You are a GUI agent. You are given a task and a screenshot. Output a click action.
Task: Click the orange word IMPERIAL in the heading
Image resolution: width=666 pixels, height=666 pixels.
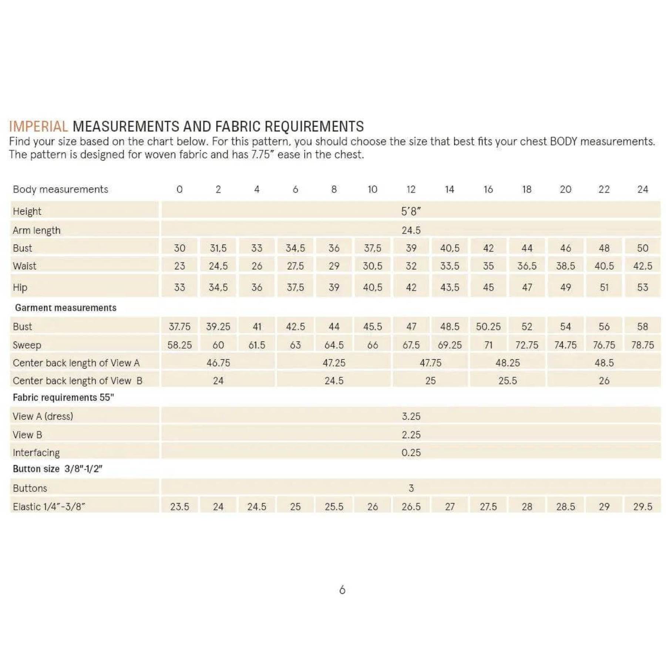(x=38, y=127)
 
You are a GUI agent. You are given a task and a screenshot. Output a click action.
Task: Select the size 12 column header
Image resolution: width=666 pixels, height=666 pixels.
(x=411, y=189)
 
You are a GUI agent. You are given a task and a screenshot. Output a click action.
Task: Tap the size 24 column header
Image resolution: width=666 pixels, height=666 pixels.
(x=642, y=189)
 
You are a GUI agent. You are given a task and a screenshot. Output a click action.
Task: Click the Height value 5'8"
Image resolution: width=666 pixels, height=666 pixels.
(x=411, y=211)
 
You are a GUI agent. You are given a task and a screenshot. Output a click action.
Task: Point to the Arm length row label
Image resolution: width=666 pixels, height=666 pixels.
(x=36, y=230)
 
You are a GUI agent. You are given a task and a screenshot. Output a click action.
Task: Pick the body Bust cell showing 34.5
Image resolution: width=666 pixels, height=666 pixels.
(x=295, y=248)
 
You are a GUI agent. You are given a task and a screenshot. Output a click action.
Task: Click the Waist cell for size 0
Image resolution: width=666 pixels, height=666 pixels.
(x=179, y=266)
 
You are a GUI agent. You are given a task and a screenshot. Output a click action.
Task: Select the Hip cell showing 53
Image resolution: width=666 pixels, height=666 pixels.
(x=642, y=287)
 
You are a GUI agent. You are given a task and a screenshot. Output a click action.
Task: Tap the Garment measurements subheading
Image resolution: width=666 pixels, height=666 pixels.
(x=65, y=308)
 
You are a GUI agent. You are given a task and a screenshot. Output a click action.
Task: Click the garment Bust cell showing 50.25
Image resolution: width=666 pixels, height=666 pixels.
(x=488, y=326)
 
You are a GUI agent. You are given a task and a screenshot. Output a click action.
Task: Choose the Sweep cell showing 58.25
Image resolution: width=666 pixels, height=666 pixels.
(x=179, y=345)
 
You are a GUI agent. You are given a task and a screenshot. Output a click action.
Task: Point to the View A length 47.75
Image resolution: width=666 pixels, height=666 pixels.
(x=430, y=363)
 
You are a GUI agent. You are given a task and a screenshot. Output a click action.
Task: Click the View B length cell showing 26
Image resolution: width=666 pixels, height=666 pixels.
(x=604, y=380)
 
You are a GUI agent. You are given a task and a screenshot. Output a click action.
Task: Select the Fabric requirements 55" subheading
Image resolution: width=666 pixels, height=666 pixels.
(x=63, y=397)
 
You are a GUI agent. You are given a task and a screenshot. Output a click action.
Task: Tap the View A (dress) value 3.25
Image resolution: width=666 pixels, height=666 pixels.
(x=411, y=416)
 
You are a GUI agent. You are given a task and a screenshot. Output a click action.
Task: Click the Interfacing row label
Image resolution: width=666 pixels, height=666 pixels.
(x=36, y=453)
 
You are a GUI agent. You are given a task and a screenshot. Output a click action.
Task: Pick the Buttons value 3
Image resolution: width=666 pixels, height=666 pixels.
(x=411, y=488)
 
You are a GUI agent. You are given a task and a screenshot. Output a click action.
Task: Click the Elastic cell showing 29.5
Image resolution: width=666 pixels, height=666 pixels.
(x=642, y=507)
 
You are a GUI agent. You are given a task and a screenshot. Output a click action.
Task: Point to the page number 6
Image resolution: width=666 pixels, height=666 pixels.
(x=342, y=590)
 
